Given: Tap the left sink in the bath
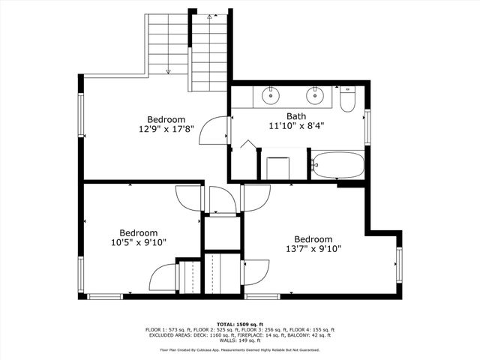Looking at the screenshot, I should coord(270,95).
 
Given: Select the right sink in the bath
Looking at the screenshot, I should coord(316,95).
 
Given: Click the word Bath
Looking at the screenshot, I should coord(296,116).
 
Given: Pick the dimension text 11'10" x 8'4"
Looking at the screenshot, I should coord(296,126).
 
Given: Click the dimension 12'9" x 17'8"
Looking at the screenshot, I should coord(166,129).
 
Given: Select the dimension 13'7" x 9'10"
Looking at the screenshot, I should coord(313,249).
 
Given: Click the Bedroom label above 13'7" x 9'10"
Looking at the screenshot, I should coord(313,239).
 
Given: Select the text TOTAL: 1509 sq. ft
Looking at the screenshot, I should coord(240,324).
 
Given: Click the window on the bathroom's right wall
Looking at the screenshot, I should coord(367,127).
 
